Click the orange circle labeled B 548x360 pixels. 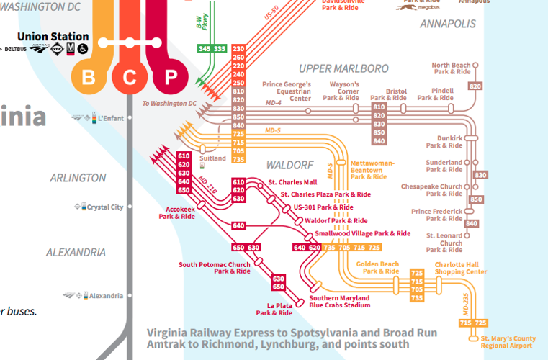[x=89, y=76]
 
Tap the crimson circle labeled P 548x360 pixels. [x=170, y=76]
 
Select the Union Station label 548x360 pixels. [x=53, y=37]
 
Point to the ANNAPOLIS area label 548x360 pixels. [x=448, y=24]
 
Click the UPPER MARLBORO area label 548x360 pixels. [x=343, y=68]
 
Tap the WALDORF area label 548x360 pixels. [x=287, y=165]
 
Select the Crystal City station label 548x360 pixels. [x=105, y=207]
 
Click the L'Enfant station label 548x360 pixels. [x=112, y=117]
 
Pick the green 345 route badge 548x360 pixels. [x=205, y=49]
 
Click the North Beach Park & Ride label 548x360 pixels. [x=452, y=68]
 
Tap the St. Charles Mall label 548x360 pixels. [x=292, y=182]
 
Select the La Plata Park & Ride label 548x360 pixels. [x=274, y=310]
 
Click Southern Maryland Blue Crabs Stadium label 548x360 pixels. [x=339, y=302]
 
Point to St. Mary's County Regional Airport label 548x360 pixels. [x=508, y=342]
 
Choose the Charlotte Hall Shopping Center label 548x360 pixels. [x=460, y=268]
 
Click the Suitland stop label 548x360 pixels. [x=212, y=158]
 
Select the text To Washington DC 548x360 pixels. [x=169, y=104]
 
